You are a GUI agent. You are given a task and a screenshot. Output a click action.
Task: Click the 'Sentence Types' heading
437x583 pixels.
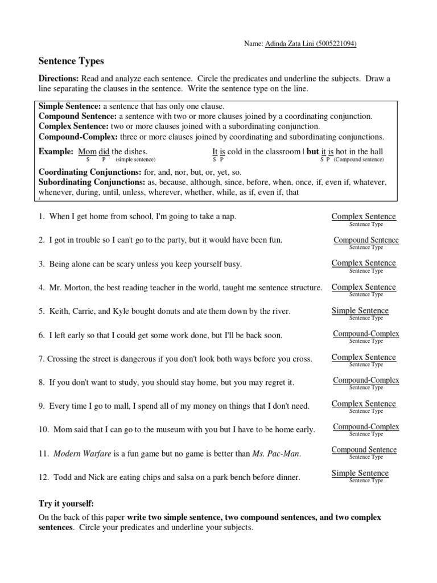(71, 60)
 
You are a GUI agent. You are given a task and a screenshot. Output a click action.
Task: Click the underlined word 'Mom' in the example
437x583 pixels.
(87, 151)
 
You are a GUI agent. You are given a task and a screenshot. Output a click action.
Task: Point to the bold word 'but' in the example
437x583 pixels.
(312, 151)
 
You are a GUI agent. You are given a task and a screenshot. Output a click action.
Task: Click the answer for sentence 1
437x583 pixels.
(364, 216)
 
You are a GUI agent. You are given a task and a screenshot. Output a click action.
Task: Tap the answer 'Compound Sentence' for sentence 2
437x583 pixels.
(366, 240)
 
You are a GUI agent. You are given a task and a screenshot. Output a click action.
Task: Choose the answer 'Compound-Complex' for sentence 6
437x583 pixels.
(366, 334)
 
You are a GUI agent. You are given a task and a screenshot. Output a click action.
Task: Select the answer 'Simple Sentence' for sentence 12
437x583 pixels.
(360, 473)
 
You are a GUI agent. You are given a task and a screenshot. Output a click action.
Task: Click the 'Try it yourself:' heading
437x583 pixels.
(66, 504)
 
